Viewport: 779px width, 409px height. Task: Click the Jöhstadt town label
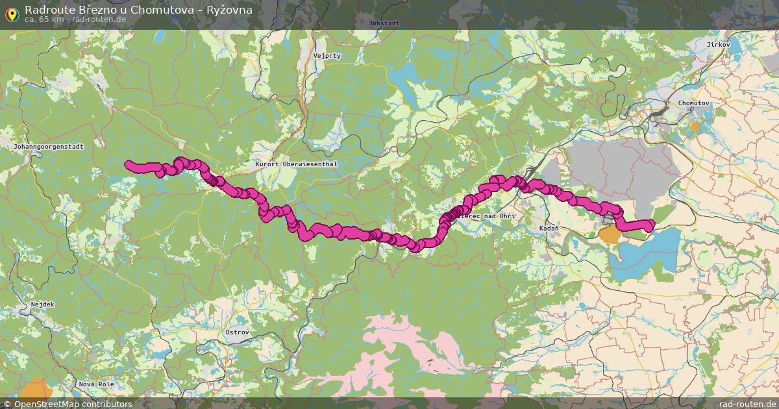pos(383,23)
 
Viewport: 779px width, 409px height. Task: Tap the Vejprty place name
pos(327,56)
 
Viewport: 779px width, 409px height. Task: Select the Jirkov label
pos(719,44)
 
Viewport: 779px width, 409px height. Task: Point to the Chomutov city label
pos(693,103)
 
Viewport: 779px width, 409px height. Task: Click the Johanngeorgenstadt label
pos(49,147)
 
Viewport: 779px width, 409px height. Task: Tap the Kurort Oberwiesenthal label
pos(286,164)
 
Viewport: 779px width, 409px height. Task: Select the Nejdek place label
pos(42,304)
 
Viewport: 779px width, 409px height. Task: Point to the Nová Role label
pos(96,384)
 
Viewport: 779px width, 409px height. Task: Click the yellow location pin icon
pos(11,13)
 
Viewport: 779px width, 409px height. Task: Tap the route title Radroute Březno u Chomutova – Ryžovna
pos(138,10)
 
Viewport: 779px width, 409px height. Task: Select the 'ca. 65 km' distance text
pos(43,19)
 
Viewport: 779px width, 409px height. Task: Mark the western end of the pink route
pos(128,164)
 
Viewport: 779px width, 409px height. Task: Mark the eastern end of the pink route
pos(651,225)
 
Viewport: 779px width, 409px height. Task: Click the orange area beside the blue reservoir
pos(610,234)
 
